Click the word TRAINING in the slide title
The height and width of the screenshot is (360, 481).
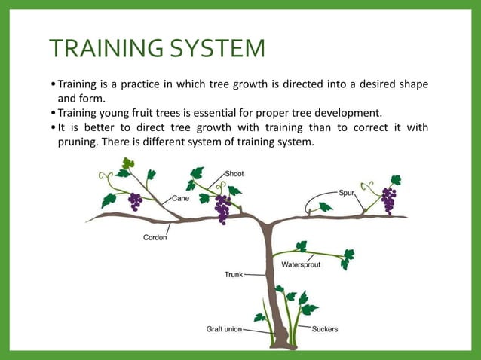(x=108, y=49)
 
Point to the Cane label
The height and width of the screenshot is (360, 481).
(x=180, y=198)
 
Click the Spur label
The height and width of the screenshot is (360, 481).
(x=346, y=194)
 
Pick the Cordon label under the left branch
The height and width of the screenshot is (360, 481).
(x=155, y=237)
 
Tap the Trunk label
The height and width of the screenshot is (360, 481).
(x=233, y=275)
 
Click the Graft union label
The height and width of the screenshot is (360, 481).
(x=224, y=329)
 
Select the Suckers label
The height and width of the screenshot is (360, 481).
(x=325, y=329)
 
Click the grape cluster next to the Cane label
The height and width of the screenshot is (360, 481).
(x=136, y=201)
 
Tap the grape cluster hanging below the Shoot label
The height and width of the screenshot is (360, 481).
(x=223, y=208)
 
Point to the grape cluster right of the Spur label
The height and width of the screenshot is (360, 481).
(x=388, y=200)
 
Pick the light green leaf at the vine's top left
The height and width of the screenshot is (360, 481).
(x=128, y=163)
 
